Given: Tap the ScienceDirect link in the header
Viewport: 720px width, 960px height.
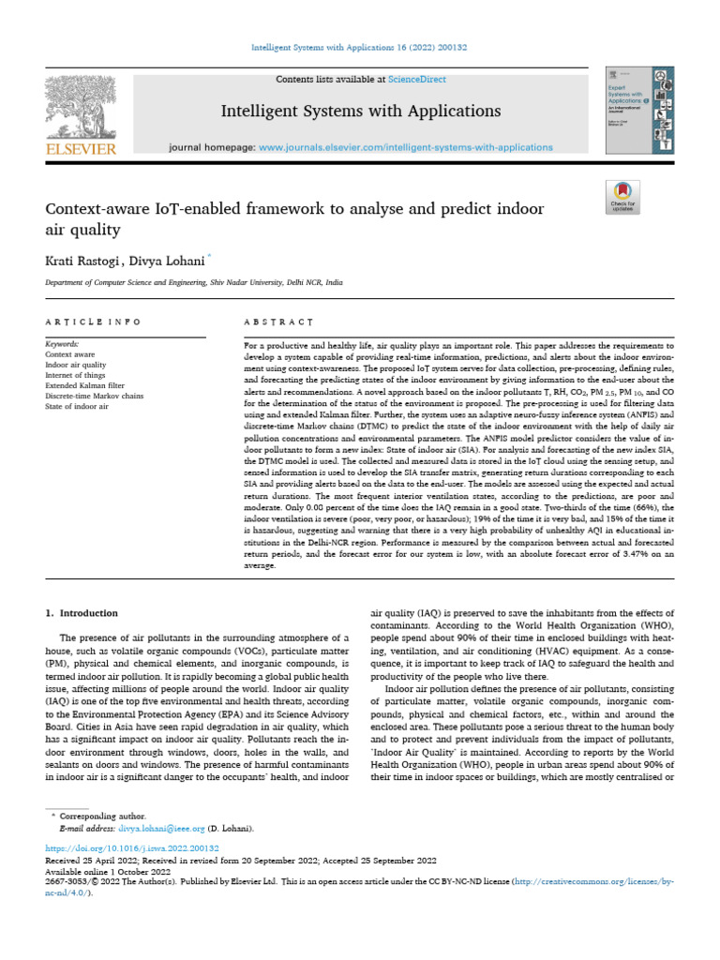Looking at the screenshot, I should click(x=419, y=80).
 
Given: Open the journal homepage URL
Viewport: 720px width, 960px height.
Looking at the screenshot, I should click(x=405, y=148).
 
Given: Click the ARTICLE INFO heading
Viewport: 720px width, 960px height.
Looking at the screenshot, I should click(x=93, y=322).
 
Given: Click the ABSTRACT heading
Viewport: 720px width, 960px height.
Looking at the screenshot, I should click(x=277, y=322).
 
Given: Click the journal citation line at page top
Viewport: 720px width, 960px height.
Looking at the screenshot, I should click(x=359, y=47).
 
